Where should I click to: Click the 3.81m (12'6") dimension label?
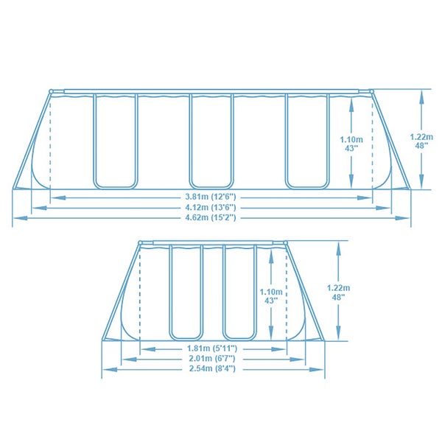coord(211,197)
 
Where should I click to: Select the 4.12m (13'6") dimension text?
coord(211,208)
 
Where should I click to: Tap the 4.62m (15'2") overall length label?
coord(211,217)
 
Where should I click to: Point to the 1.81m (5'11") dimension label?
coord(212,348)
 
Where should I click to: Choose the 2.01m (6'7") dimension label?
coord(212,359)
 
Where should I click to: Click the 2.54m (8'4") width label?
coord(212,369)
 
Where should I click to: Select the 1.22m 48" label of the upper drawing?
coord(421,141)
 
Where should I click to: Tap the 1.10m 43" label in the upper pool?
coord(351,144)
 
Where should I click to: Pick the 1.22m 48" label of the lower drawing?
coord(338,292)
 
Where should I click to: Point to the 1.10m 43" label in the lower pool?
coord(271,296)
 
